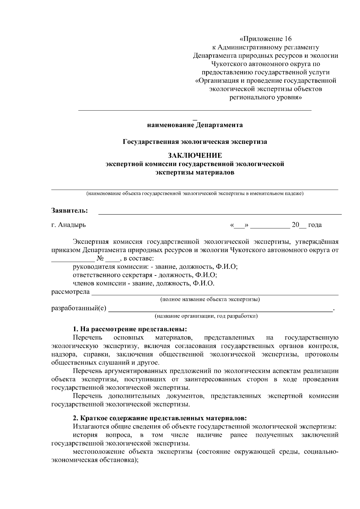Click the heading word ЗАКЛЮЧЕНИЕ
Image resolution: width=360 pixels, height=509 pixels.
coord(195,156)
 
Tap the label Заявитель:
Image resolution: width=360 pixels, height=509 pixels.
coord(70,210)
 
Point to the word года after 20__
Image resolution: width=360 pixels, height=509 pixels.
coord(315,225)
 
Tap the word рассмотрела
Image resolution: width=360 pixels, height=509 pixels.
coord(71,292)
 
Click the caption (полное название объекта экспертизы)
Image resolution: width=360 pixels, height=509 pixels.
coord(210,299)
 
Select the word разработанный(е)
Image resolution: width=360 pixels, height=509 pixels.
coord(79,308)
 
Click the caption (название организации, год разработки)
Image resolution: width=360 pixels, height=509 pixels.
coord(206,316)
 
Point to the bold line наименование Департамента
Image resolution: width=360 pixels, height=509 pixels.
coord(195,125)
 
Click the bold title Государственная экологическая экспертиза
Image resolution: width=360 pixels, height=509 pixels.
coord(195,141)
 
